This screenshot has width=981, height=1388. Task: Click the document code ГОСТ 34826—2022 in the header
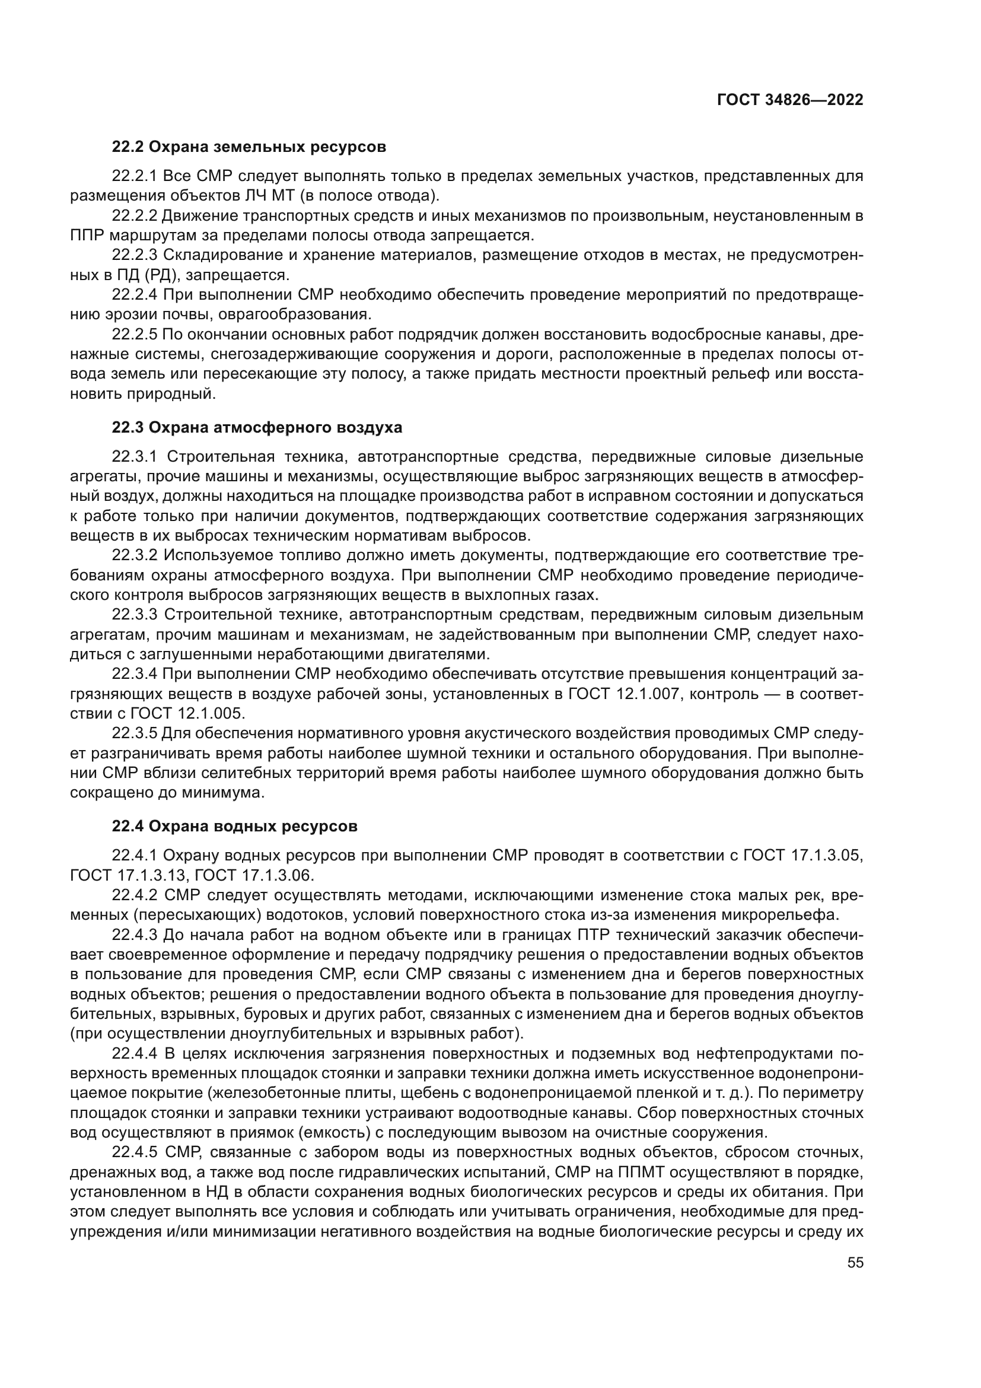tap(789, 100)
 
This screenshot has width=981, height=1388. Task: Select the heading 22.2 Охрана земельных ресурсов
tap(249, 147)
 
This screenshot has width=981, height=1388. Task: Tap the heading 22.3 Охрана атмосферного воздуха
tap(257, 427)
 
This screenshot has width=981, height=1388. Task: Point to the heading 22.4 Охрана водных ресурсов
tap(234, 826)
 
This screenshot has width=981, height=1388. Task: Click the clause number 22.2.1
tap(135, 176)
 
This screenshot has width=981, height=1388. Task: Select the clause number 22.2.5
tap(135, 334)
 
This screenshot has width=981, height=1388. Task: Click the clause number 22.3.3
tap(135, 615)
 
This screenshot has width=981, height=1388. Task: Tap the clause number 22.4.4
tap(135, 1054)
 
